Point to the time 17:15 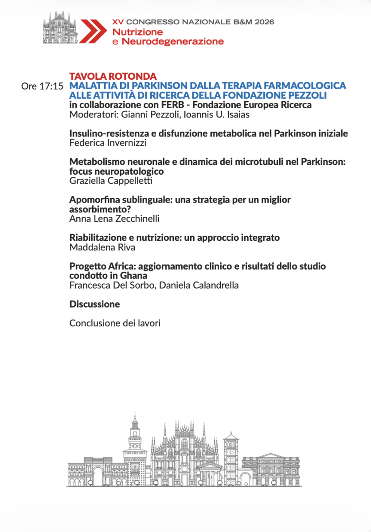(x=52, y=86)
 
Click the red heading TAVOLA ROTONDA (x=113, y=76)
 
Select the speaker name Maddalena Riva (x=102, y=247)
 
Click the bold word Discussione (x=94, y=304)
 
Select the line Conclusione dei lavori (x=115, y=323)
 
